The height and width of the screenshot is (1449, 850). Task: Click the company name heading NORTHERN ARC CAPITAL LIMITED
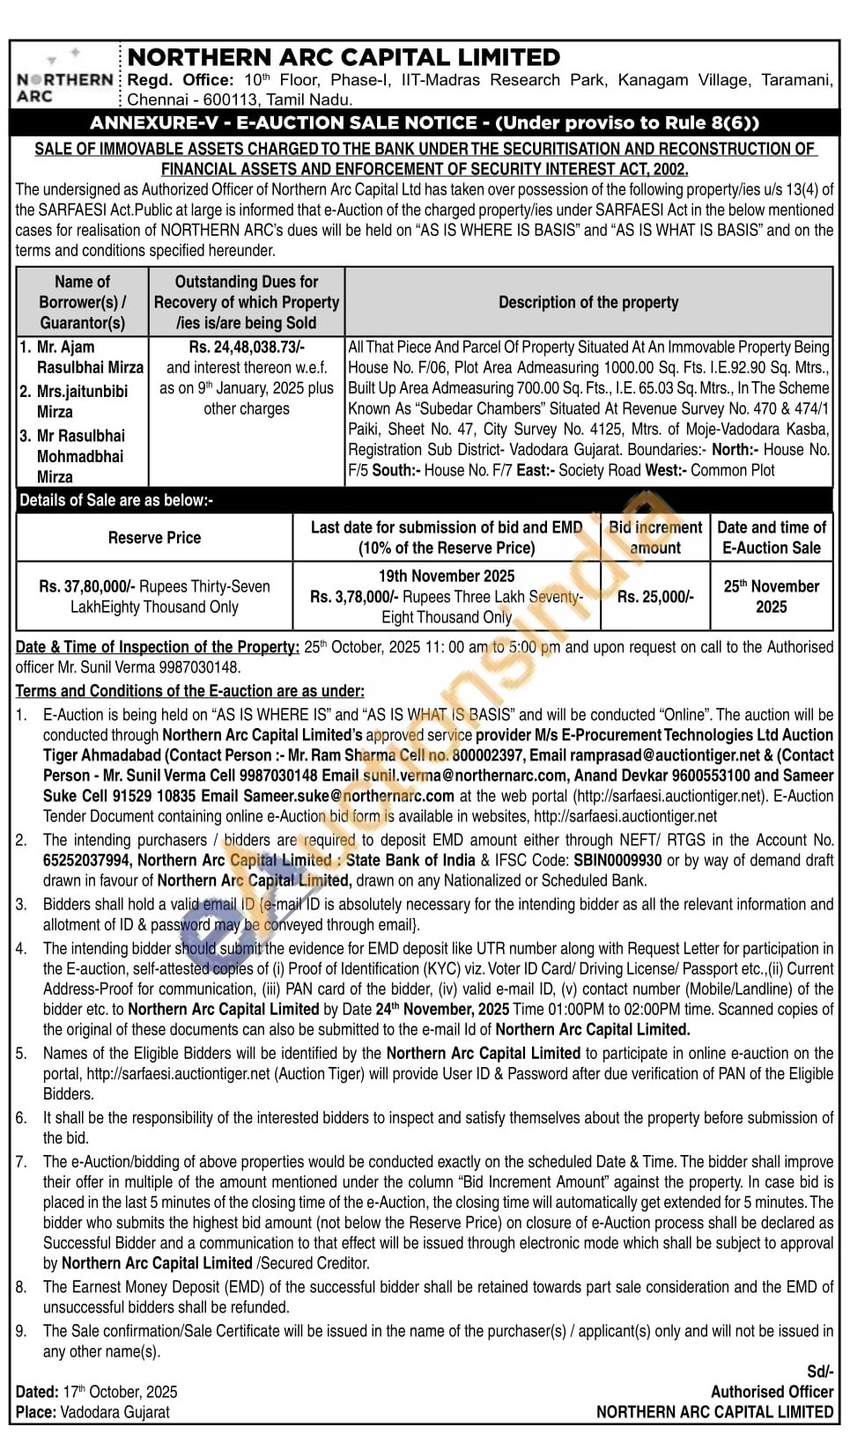click(x=344, y=58)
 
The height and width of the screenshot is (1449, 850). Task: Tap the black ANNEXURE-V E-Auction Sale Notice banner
click(x=424, y=123)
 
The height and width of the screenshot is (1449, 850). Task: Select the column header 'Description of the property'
click(x=588, y=302)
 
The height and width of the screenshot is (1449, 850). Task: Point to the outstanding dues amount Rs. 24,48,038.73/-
click(x=247, y=347)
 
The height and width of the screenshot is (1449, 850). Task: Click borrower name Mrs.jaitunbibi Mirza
click(x=81, y=401)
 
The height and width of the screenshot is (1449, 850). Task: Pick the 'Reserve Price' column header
click(x=154, y=537)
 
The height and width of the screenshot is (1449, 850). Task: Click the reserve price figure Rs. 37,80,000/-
click(x=87, y=586)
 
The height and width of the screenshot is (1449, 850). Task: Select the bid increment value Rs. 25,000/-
click(x=655, y=597)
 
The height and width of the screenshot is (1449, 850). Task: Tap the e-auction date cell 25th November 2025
click(x=772, y=596)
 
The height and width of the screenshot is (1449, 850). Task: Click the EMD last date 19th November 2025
click(x=447, y=576)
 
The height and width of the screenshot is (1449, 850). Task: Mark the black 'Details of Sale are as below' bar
click(x=424, y=500)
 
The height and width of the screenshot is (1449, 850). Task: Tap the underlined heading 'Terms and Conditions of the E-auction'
click(x=189, y=691)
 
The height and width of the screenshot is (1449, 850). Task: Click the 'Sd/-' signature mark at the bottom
click(x=819, y=1372)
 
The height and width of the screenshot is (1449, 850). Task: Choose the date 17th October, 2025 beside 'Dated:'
click(x=120, y=1392)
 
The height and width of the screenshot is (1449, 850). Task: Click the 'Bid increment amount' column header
click(x=655, y=537)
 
